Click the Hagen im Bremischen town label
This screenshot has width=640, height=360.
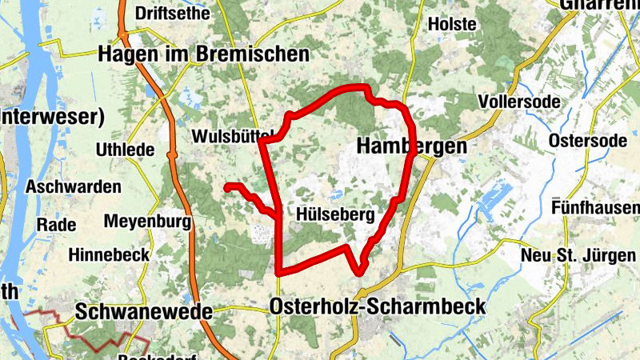click(203, 54)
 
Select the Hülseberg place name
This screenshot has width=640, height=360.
click(335, 214)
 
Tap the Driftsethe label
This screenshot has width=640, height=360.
click(173, 14)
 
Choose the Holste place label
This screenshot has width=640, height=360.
click(452, 24)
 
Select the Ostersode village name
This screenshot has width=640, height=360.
click(587, 141)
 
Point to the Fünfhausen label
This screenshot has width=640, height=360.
click(595, 208)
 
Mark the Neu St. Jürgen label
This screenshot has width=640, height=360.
click(578, 255)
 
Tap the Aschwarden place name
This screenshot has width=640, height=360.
click(74, 187)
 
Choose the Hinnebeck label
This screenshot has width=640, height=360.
click(109, 256)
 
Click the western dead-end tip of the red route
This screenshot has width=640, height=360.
click(227, 187)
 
